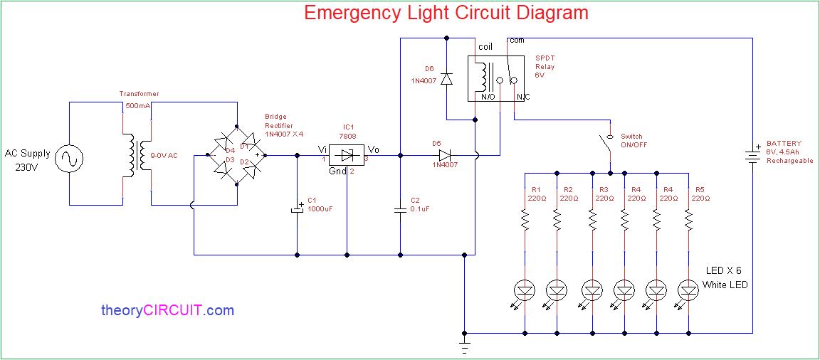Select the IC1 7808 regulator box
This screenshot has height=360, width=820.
[x=347, y=155]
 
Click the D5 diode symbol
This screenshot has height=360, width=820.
[x=446, y=155]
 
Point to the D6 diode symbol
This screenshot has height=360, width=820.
[x=446, y=78]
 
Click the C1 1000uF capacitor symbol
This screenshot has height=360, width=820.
[x=297, y=210]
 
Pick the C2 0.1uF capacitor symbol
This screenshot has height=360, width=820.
[x=400, y=209]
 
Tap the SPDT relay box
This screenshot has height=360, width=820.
[x=498, y=79]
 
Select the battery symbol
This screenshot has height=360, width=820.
[x=752, y=155]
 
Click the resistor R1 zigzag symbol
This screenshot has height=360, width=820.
[x=525, y=222]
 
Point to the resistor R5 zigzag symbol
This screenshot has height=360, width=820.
[x=688, y=222]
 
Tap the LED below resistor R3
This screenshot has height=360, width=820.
[x=592, y=290]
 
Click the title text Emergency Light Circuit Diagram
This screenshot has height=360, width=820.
[x=446, y=13]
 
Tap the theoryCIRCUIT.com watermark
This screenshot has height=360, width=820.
[x=167, y=310]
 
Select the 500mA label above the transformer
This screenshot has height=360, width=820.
[x=138, y=105]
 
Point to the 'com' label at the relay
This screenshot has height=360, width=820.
[x=517, y=41]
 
